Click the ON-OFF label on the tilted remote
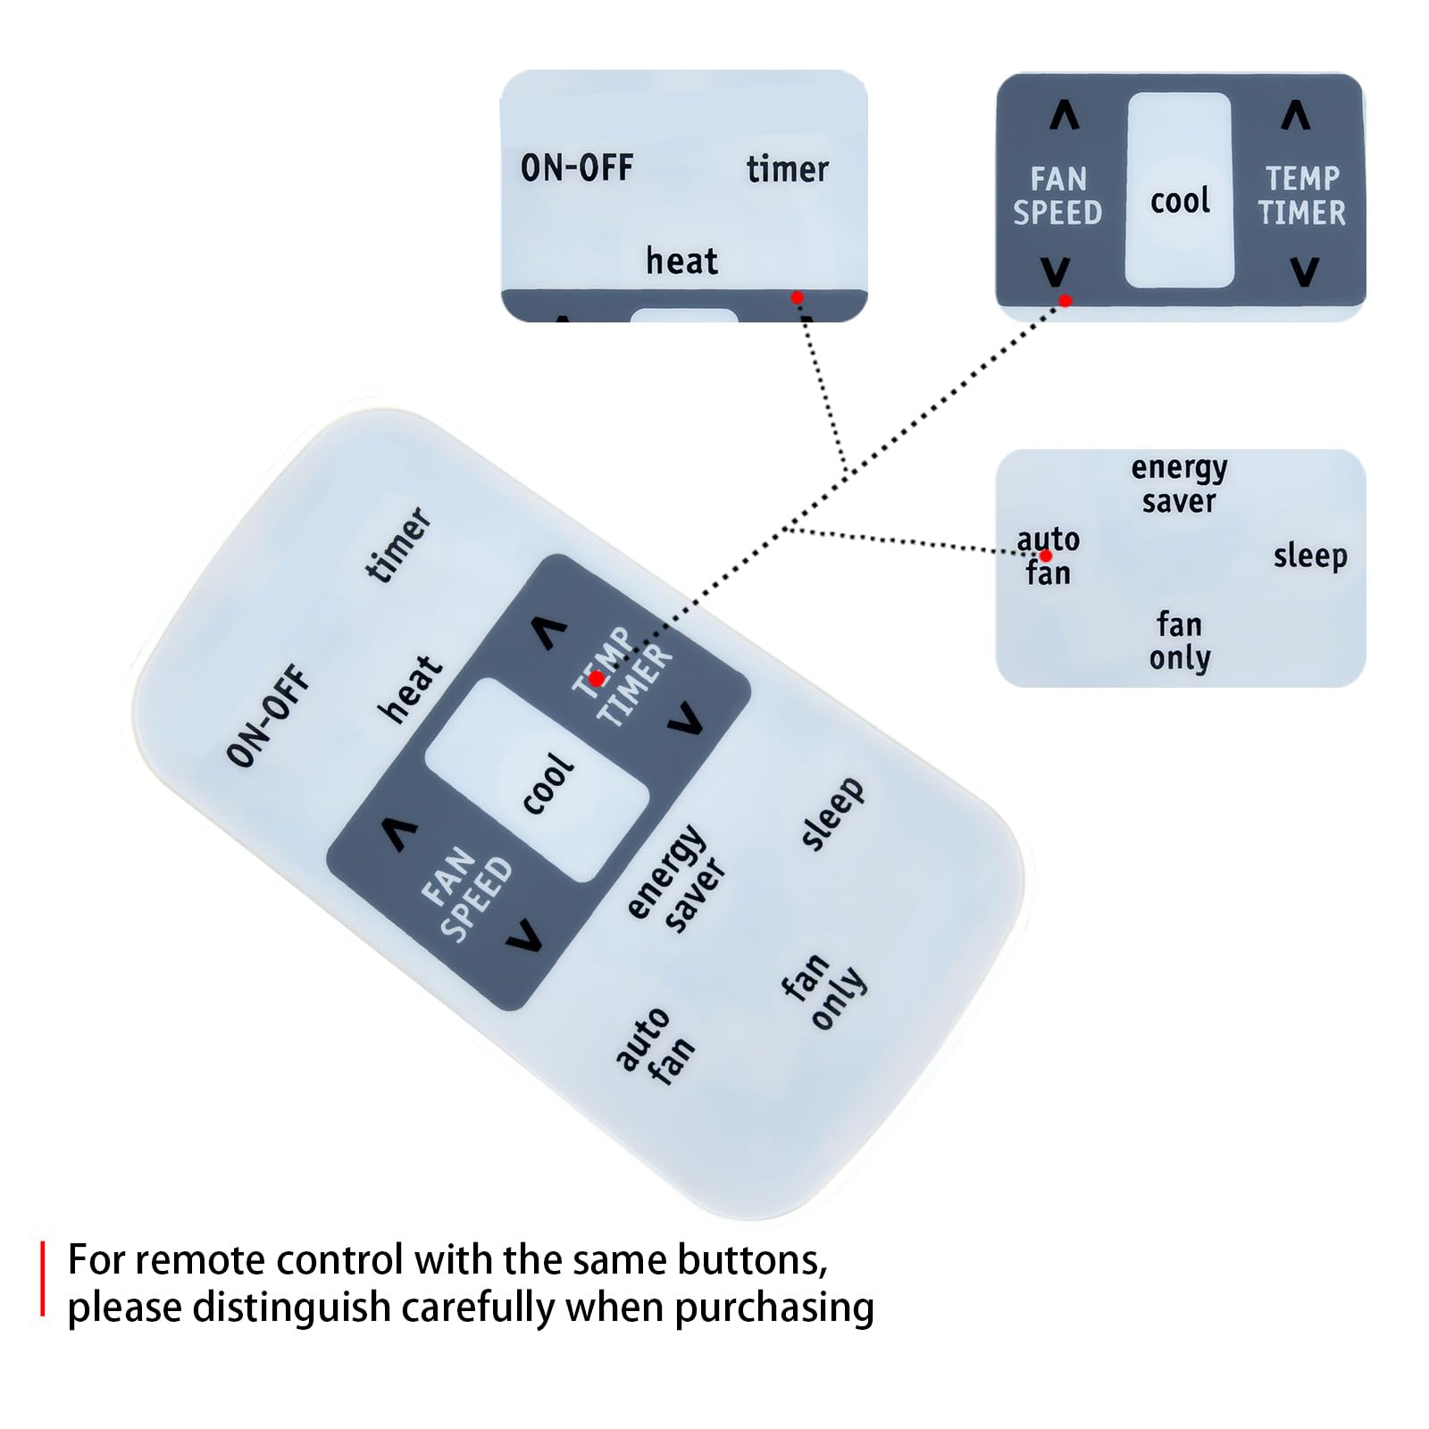click(268, 715)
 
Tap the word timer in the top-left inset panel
click(788, 169)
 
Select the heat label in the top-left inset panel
click(681, 261)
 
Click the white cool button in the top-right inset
click(1179, 190)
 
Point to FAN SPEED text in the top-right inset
click(1057, 196)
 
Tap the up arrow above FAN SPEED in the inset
click(1064, 115)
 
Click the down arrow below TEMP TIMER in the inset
click(1305, 272)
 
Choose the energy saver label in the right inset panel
click(1179, 484)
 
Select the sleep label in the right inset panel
click(1310, 556)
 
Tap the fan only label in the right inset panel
click(1180, 640)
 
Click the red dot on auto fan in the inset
click(1046, 556)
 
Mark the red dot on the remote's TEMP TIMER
click(597, 680)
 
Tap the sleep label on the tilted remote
click(831, 813)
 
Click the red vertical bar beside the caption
click(42, 1278)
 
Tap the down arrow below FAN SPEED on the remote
click(524, 935)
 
